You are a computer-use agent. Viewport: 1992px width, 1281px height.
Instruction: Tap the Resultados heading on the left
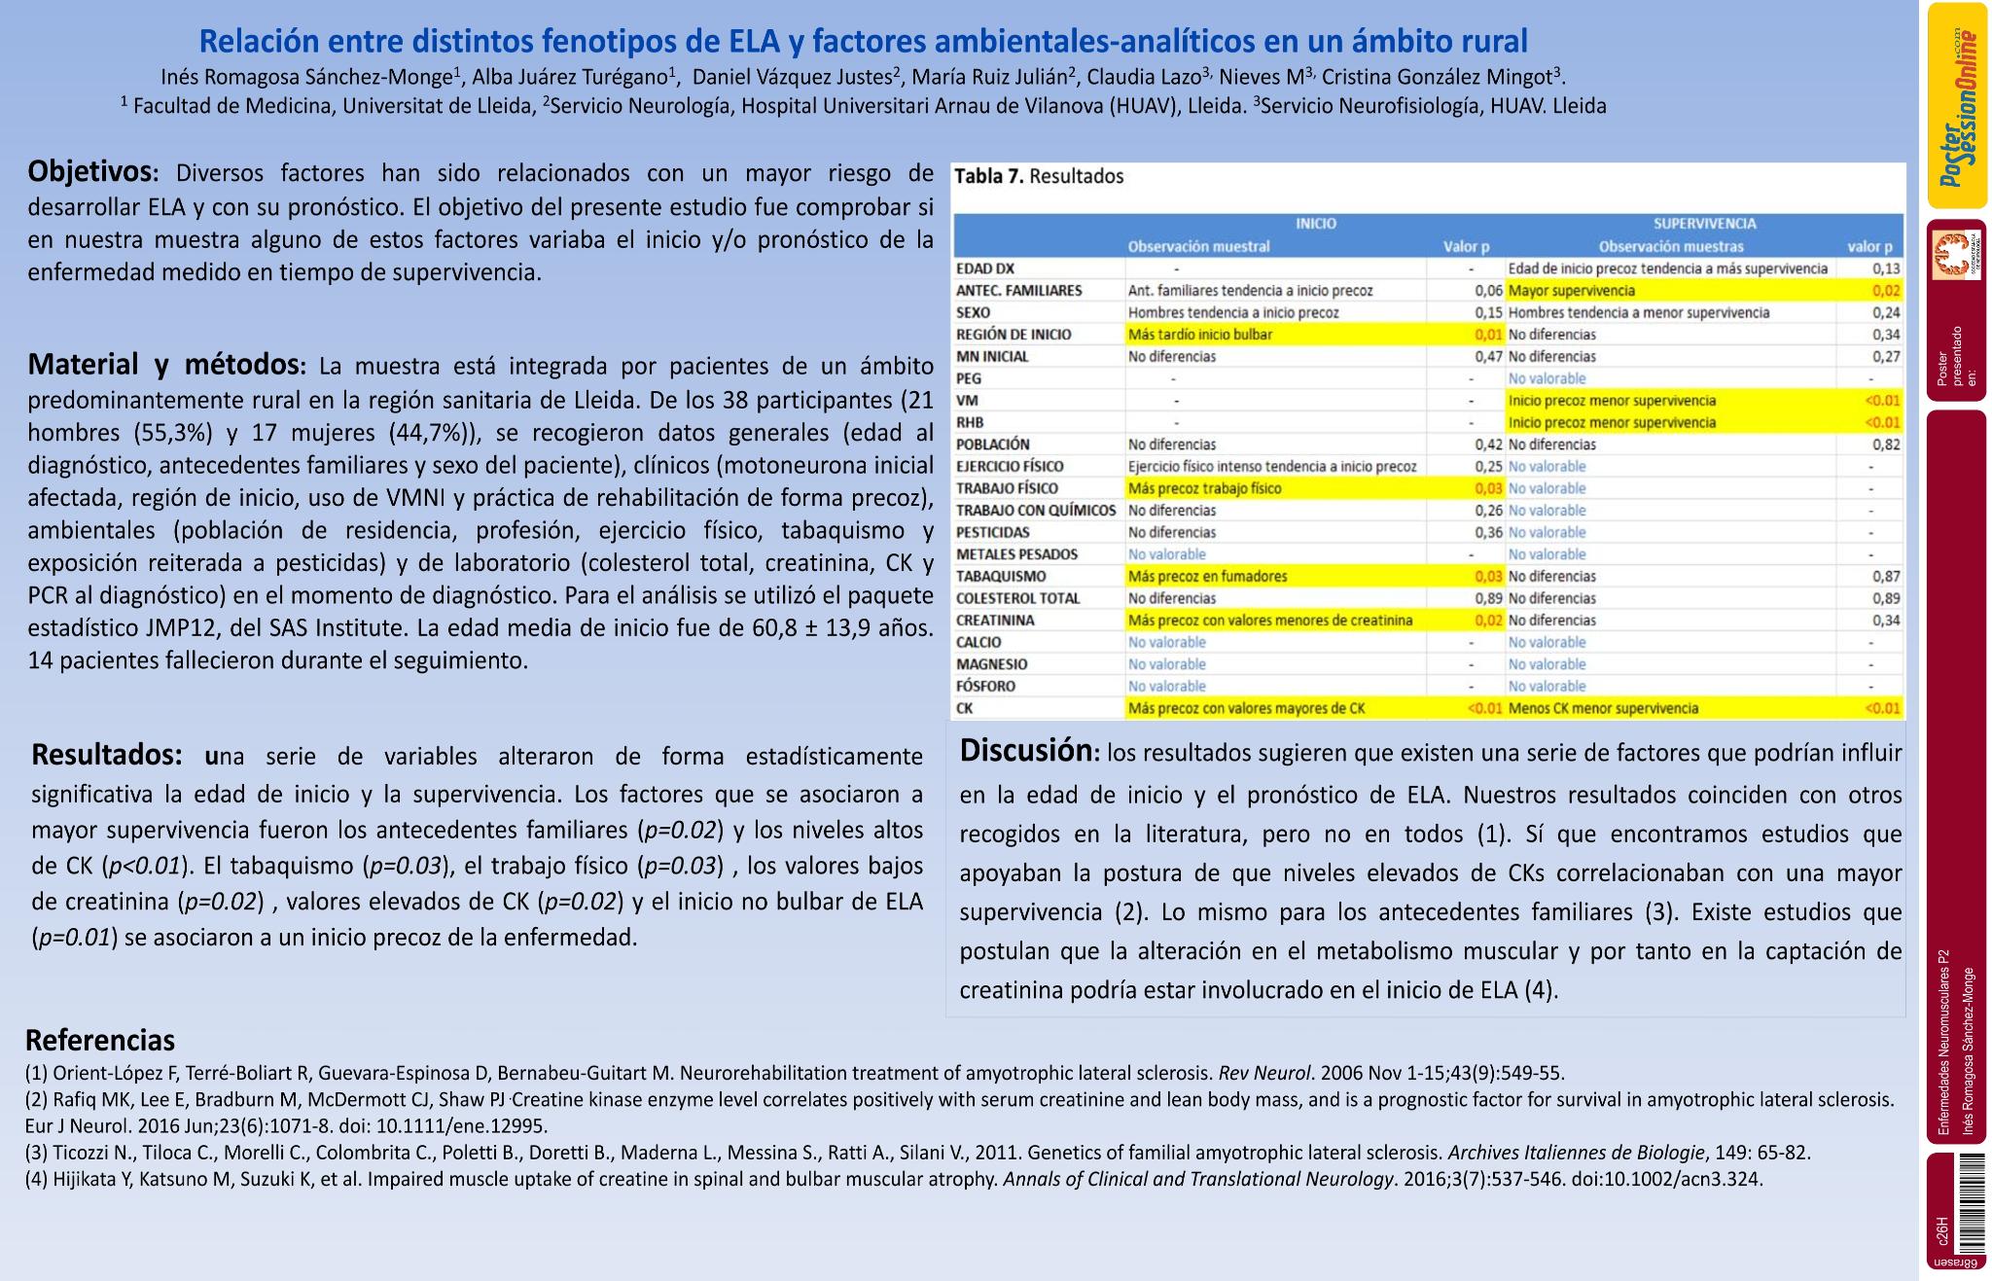point(106,755)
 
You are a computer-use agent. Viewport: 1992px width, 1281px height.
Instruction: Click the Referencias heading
point(100,1040)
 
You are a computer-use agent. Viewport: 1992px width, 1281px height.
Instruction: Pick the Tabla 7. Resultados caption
point(1038,176)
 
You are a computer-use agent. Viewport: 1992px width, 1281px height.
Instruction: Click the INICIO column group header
point(1315,224)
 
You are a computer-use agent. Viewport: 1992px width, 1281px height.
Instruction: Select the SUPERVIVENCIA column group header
point(1704,224)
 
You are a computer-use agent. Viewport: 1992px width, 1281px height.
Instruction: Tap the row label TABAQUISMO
point(1001,577)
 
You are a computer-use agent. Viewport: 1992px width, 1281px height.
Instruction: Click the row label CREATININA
point(995,621)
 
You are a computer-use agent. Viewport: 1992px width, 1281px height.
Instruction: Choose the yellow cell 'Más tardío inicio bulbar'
point(1199,335)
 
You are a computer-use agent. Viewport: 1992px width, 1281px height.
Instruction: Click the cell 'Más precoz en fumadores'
point(1206,577)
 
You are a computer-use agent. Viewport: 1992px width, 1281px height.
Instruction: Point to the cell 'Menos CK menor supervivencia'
point(1603,709)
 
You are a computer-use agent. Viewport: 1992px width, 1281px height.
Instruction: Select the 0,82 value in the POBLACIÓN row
point(1886,445)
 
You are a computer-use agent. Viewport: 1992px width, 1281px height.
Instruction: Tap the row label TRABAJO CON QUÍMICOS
point(1035,511)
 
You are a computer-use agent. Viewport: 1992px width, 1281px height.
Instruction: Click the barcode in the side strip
point(1971,1202)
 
